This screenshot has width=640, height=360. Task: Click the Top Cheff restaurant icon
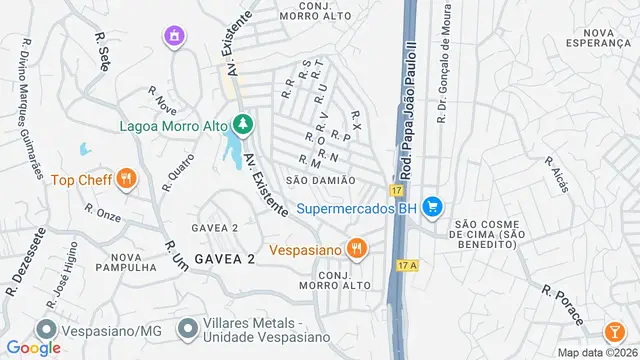point(126,180)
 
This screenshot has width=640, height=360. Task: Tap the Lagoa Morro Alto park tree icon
point(241,126)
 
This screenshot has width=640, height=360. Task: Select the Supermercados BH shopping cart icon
point(432,207)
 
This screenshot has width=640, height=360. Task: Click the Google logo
point(34,347)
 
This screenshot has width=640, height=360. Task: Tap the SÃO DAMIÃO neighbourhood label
point(321,180)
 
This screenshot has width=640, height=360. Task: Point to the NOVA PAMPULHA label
point(126,261)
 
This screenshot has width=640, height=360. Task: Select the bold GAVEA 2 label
point(225,258)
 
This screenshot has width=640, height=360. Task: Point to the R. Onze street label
point(102,213)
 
